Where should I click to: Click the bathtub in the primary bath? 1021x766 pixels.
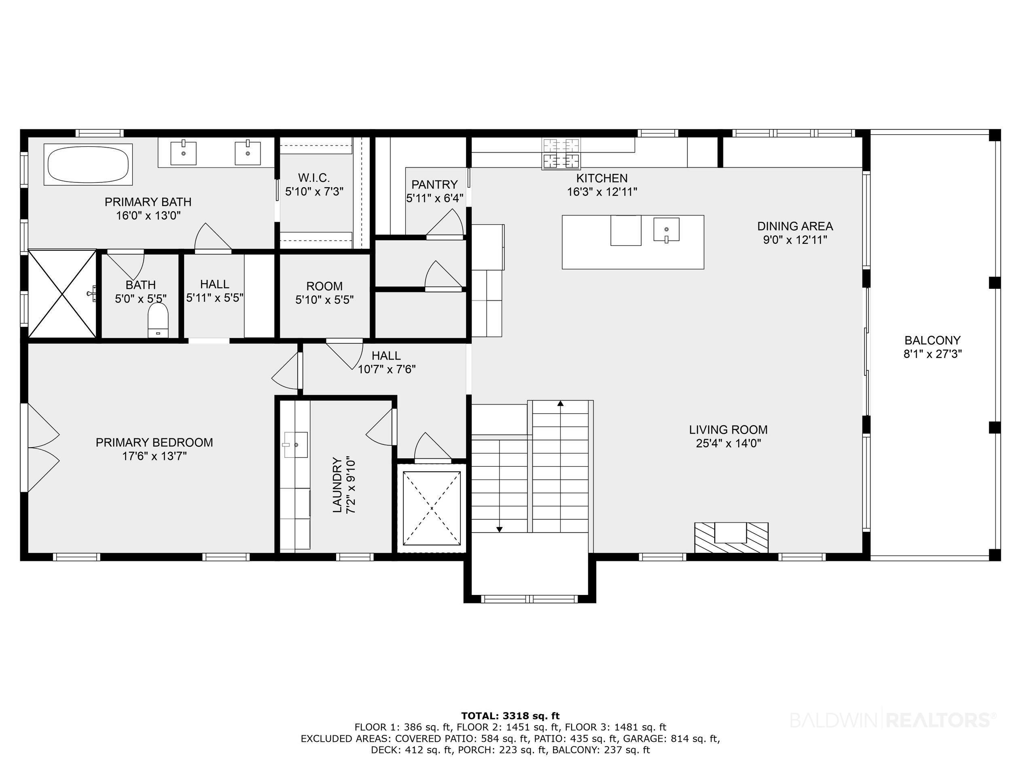88,165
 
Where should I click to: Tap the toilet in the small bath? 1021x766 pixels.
158,320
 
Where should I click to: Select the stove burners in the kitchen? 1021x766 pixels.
561,154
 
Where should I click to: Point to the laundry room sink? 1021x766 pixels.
295,445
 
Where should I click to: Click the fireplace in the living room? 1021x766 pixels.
732,537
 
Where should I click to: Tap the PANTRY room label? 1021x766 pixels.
434,184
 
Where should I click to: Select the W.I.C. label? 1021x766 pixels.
314,178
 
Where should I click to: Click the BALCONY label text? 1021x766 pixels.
932,341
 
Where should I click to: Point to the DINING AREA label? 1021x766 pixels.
795,226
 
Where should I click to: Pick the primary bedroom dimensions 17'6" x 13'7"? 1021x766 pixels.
154,456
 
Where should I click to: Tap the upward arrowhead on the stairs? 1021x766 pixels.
560,403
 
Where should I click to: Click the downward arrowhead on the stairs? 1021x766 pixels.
500,529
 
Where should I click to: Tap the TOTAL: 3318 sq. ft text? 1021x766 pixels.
510,716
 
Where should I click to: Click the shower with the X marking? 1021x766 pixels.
63,294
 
